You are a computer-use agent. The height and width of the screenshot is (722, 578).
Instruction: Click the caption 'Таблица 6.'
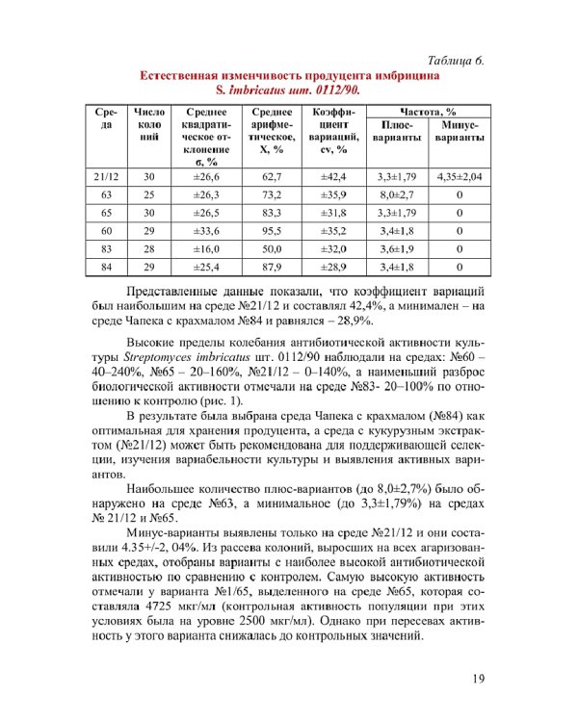click(448, 60)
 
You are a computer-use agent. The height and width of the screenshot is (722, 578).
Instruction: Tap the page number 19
click(479, 681)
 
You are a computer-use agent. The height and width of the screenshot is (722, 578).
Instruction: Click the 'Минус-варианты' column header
click(459, 132)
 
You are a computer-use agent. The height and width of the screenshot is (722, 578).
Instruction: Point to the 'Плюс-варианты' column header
click(396, 132)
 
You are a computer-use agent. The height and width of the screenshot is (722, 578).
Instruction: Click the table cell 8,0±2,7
click(396, 194)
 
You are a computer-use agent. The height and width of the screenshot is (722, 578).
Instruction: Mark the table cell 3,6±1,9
click(396, 248)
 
